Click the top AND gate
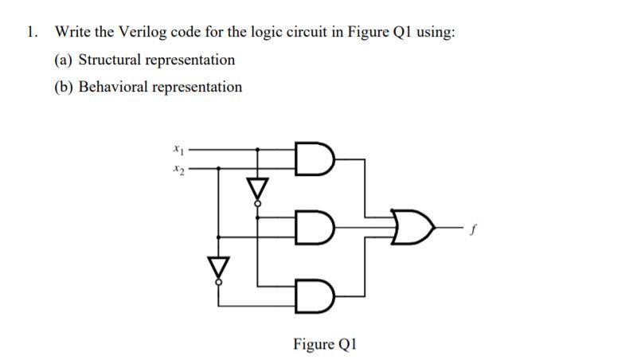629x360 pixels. coord(309,158)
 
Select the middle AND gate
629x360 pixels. coord(309,225)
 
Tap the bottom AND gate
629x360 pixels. coord(309,294)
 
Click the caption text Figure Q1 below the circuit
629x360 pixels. coord(325,344)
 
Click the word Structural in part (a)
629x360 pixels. coord(109,60)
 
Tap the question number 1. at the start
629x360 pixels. coord(31,33)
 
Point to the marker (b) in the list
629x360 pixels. coord(64,87)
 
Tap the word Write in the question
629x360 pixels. coord(72,33)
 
